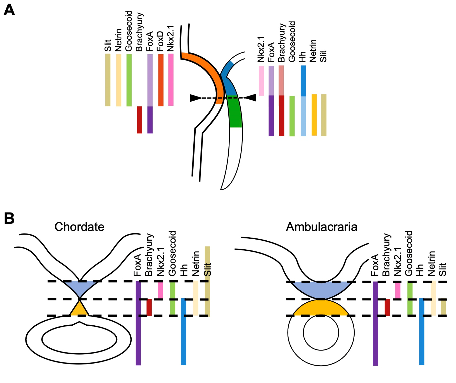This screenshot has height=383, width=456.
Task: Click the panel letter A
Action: point(9,10)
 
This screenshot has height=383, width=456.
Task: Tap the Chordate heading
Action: point(79,227)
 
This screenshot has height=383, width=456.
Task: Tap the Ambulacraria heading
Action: point(321,227)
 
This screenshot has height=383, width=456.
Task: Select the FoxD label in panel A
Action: point(160,41)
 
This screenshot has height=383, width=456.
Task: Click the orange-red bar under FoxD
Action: point(161,80)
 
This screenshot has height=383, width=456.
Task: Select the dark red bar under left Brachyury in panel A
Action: point(140,120)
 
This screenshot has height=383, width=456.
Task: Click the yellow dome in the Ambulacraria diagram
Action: point(321,308)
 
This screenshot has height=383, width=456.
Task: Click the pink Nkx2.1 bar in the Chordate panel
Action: point(160,290)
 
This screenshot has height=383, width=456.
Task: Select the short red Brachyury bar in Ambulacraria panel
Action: point(387,307)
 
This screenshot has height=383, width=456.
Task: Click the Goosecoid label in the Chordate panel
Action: point(172,253)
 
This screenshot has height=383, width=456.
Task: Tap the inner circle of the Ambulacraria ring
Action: point(321,333)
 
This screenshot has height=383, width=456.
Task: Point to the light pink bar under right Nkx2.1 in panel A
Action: point(261,81)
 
